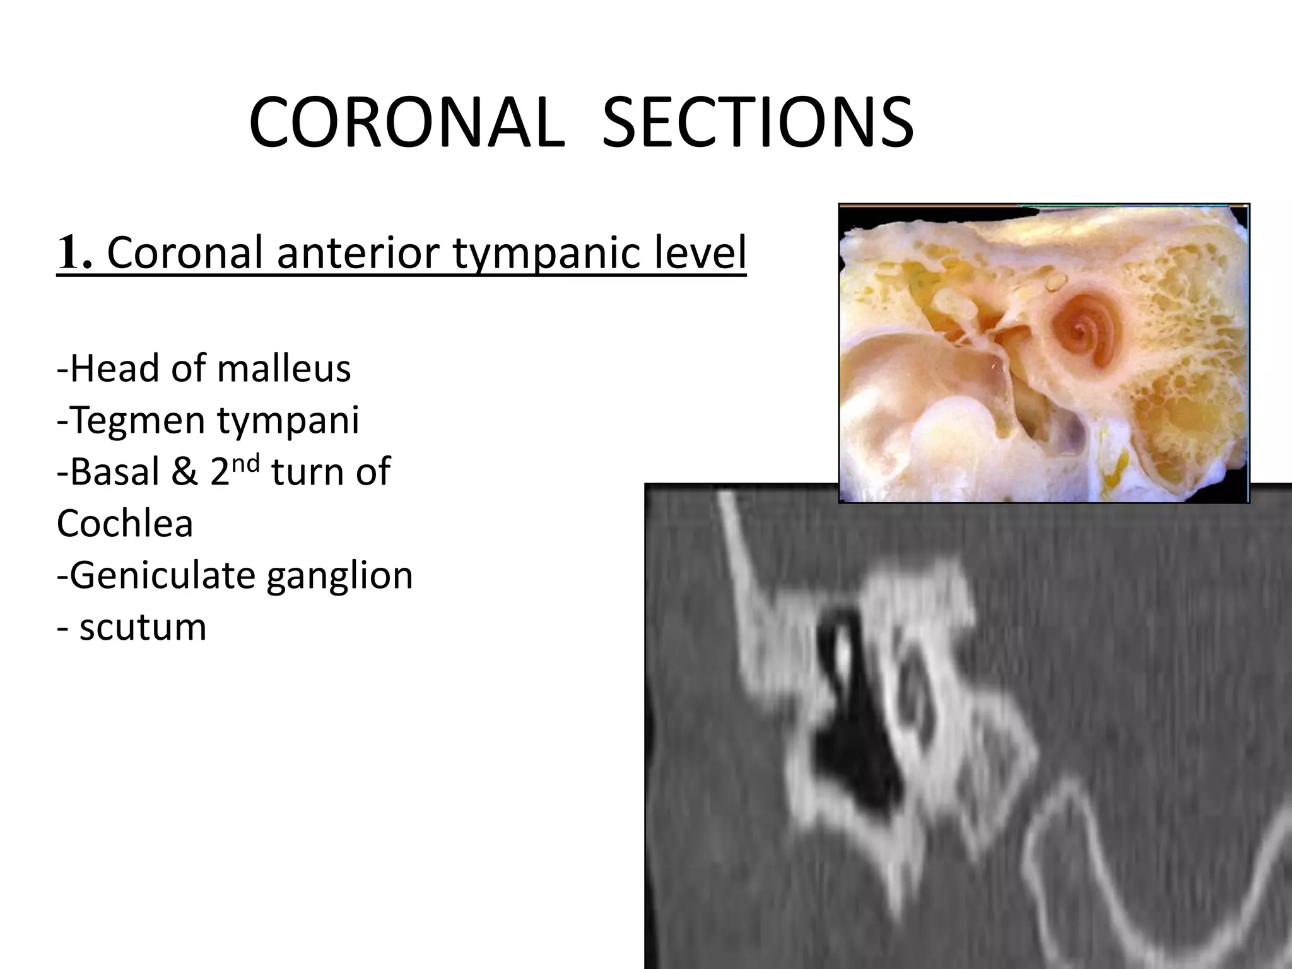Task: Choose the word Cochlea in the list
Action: coord(124,524)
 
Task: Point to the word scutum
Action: coord(143,628)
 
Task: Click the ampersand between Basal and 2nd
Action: coord(185,472)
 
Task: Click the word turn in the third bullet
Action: coord(308,472)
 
